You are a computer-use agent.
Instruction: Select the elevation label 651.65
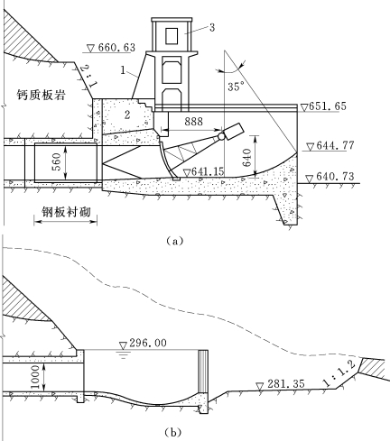point(328,106)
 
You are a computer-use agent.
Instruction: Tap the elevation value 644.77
point(335,146)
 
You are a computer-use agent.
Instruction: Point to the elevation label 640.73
point(335,176)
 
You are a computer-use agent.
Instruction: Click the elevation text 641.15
point(208,171)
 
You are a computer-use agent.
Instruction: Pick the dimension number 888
point(194,122)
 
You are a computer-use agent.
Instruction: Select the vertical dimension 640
point(246,157)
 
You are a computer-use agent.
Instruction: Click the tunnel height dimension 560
point(56,161)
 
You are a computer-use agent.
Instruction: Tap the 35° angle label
point(237,87)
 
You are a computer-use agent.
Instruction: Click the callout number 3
point(212,28)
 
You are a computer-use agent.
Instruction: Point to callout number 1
point(123,70)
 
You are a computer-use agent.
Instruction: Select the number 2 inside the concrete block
point(127,115)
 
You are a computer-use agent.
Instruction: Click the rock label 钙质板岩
point(41,96)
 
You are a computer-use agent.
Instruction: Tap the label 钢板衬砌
point(66,212)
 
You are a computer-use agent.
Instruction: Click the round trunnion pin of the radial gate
point(221,136)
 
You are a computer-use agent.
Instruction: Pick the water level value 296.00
point(148,343)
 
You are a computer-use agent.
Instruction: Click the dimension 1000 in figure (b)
point(35,377)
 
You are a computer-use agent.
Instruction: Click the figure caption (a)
point(174,241)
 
